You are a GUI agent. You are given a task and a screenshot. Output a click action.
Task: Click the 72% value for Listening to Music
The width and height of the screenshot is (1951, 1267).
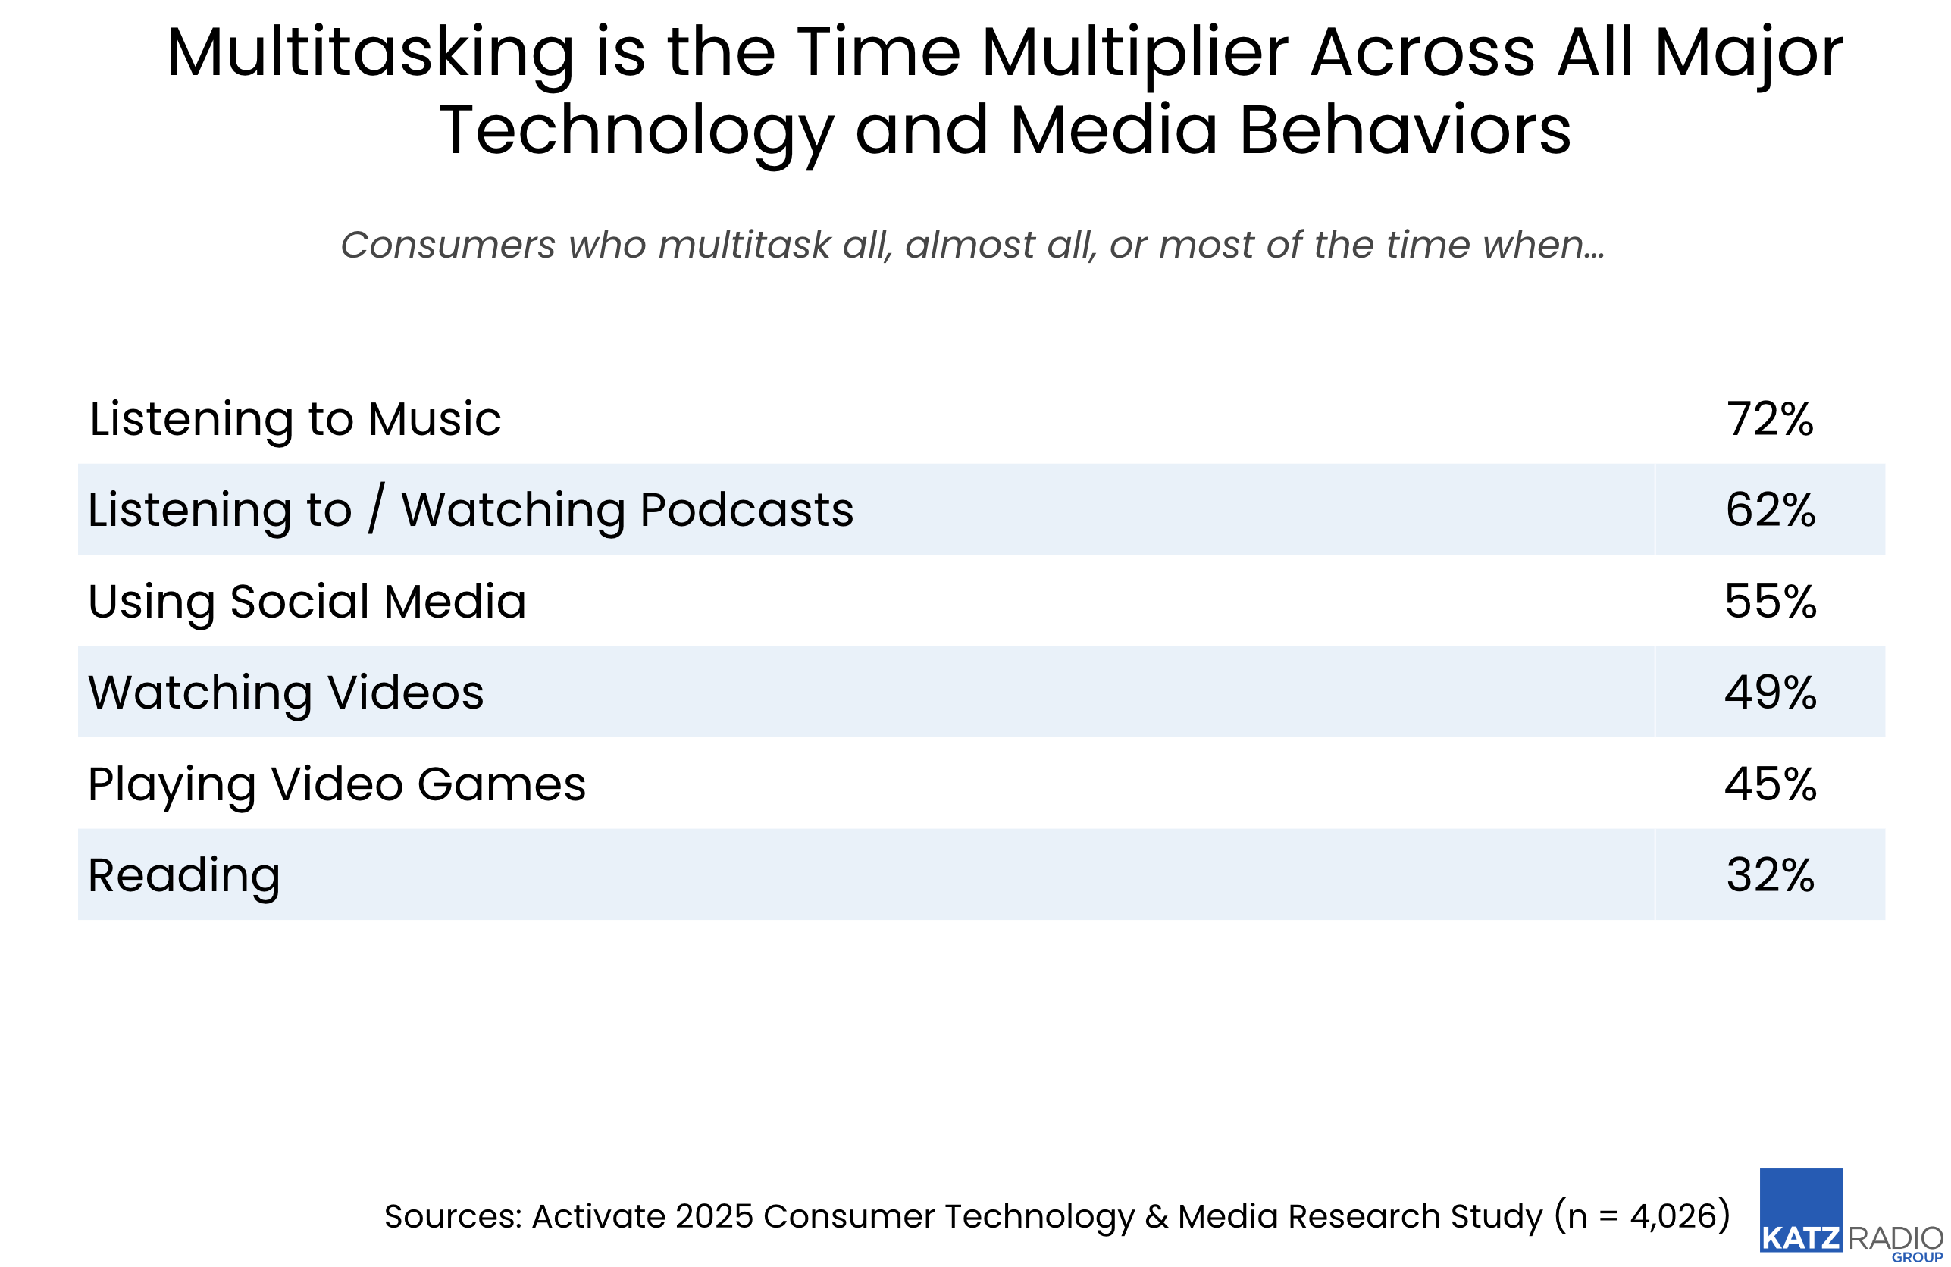pos(1769,419)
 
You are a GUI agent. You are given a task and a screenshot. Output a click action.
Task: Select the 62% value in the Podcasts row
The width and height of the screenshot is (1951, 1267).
pos(1770,510)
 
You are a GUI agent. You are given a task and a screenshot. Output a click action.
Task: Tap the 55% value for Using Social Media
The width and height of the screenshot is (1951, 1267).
pos(1770,602)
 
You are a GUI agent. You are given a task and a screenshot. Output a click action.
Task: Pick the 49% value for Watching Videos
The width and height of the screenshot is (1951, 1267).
pos(1770,693)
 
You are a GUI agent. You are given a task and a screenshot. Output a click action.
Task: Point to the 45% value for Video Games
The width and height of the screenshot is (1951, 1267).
pos(1770,784)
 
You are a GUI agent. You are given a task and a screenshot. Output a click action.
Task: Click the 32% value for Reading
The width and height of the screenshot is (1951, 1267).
pos(1770,875)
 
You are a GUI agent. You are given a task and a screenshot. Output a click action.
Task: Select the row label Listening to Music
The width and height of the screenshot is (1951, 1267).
pos(294,419)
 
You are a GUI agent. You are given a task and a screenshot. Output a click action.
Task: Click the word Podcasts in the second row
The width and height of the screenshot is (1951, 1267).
pos(746,510)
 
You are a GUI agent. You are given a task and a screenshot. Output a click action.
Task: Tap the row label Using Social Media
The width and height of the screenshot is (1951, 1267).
pos(306,602)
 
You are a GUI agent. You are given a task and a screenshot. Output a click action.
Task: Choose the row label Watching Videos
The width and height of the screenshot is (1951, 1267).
pos(285,693)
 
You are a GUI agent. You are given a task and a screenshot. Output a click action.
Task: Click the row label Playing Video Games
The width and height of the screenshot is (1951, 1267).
pos(336,784)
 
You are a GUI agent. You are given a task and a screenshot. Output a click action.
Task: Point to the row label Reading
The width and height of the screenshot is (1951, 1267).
pos(183,875)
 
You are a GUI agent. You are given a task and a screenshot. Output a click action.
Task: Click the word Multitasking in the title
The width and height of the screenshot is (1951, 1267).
pos(371,53)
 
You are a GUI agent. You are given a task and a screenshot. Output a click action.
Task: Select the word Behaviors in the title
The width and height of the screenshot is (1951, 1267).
pos(1405,130)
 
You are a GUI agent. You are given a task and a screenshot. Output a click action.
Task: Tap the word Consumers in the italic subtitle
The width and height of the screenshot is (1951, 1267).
pos(448,244)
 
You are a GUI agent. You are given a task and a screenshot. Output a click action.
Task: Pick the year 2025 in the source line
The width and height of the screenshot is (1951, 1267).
pos(713,1216)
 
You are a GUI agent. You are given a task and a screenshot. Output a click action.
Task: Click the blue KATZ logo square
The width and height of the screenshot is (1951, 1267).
pos(1800,1209)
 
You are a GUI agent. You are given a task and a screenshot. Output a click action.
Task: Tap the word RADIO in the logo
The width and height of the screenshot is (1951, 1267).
pos(1895,1237)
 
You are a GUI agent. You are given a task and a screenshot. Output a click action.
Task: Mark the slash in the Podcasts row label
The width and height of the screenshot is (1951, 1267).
pos(375,509)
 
